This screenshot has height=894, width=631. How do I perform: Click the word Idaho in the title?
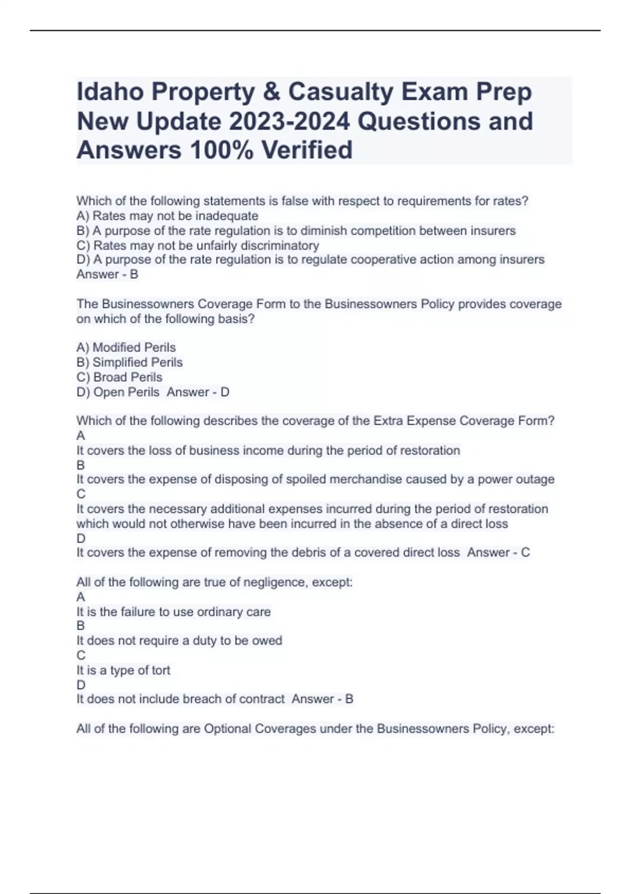click(109, 92)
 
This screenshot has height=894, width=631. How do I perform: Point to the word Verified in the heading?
click(307, 150)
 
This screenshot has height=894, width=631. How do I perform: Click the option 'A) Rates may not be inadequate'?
click(167, 216)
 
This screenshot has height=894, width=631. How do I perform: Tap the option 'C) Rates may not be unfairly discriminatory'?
click(198, 246)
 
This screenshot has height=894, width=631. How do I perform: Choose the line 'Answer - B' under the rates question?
click(107, 275)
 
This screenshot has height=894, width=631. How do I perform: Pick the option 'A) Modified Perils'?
click(126, 348)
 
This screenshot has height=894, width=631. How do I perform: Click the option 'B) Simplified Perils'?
click(129, 362)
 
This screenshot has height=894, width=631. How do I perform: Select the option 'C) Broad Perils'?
click(119, 377)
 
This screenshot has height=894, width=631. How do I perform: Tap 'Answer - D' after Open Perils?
click(198, 392)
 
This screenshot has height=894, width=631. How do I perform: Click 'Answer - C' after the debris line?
click(498, 553)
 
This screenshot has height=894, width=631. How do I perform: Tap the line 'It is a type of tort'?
click(124, 670)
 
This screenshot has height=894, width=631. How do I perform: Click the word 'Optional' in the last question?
click(227, 729)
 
